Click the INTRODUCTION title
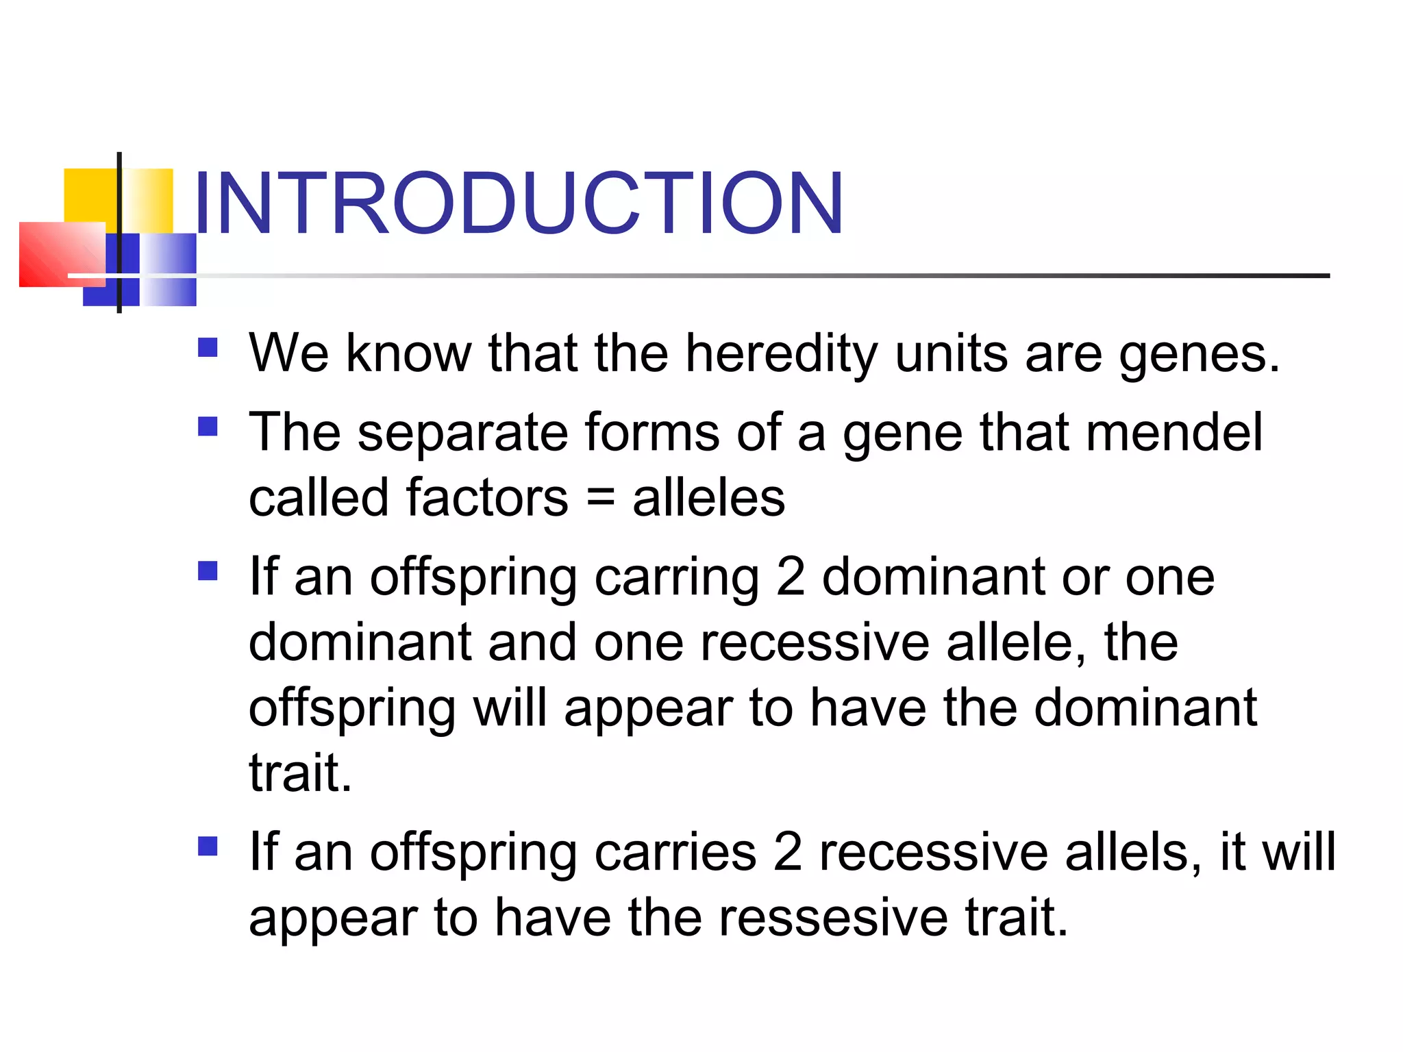(519, 203)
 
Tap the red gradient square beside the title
(62, 253)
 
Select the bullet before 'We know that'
(208, 348)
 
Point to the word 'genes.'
(1198, 354)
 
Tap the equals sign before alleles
(600, 498)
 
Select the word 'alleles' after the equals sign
(708, 498)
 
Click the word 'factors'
(487, 498)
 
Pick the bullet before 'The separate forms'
(208, 427)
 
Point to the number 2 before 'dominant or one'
(791, 577)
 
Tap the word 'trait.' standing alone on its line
(300, 773)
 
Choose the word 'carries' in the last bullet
(675, 852)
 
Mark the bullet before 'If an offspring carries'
(208, 847)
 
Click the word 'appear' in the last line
(333, 920)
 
